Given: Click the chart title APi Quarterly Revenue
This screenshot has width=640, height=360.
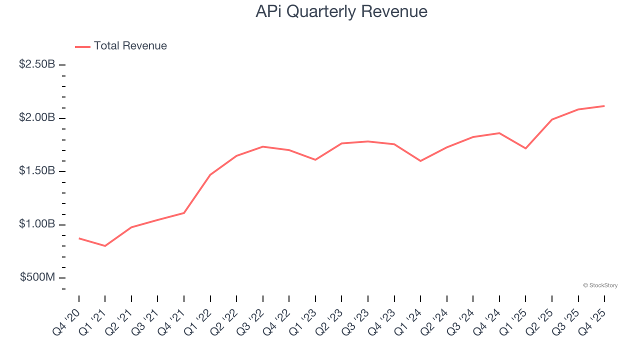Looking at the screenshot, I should point(341,11).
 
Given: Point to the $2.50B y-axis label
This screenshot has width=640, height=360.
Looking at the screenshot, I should point(37,64).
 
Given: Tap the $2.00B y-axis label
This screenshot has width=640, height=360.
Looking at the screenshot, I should point(37,118).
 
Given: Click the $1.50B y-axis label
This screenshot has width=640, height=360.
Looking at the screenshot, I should point(37,171).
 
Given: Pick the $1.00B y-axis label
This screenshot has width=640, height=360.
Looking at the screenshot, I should point(37,224).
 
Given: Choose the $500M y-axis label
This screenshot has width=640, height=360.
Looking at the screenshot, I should point(37,277).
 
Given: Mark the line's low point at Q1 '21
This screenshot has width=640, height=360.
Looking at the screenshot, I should point(105,246).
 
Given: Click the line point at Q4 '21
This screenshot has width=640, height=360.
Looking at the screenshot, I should point(184,213).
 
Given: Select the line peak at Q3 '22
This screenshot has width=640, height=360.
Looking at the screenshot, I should point(263,146).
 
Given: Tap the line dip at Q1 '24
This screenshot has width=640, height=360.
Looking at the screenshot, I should point(420,161).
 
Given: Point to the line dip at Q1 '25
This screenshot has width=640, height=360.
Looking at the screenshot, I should point(525,148).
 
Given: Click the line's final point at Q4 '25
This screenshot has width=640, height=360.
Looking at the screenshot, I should point(604,106).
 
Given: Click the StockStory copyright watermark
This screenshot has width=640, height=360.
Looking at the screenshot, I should point(600,285).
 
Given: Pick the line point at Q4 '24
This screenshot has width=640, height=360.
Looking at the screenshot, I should point(499,133).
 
